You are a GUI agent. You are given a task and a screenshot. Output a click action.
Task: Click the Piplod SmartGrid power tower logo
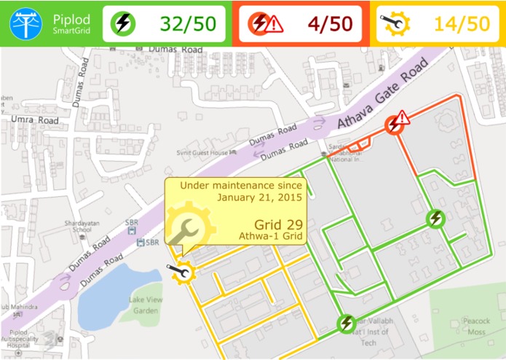pos(25,23)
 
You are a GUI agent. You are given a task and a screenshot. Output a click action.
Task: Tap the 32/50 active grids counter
pos(188,24)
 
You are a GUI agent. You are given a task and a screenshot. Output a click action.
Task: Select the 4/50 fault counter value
pos(330,24)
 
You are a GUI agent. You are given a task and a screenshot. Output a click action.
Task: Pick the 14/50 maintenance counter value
pos(462,24)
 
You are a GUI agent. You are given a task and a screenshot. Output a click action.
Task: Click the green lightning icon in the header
pos(123,24)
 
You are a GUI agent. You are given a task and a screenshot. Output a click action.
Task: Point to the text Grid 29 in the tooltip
pos(278,223)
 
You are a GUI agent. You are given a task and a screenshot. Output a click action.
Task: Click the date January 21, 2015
pos(260,197)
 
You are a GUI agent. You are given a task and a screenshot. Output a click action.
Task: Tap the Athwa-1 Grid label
pos(270,236)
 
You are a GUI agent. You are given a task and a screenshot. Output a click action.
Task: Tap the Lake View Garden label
pos(143,305)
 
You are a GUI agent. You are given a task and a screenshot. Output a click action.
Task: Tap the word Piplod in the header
pos(68,17)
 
